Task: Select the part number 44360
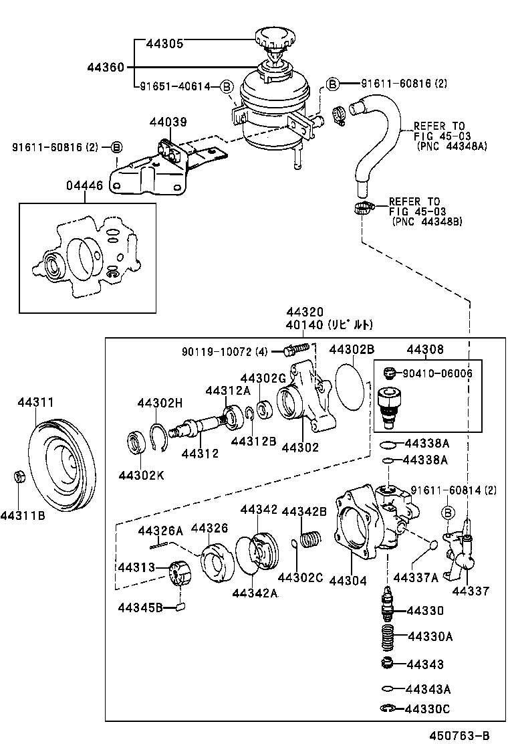106,67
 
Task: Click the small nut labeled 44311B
20,478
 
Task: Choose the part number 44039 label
168,122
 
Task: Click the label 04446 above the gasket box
84,186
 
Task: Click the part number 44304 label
348,581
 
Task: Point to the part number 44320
305,312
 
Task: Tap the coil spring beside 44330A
387,636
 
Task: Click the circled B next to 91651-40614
226,86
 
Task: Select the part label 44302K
141,474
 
